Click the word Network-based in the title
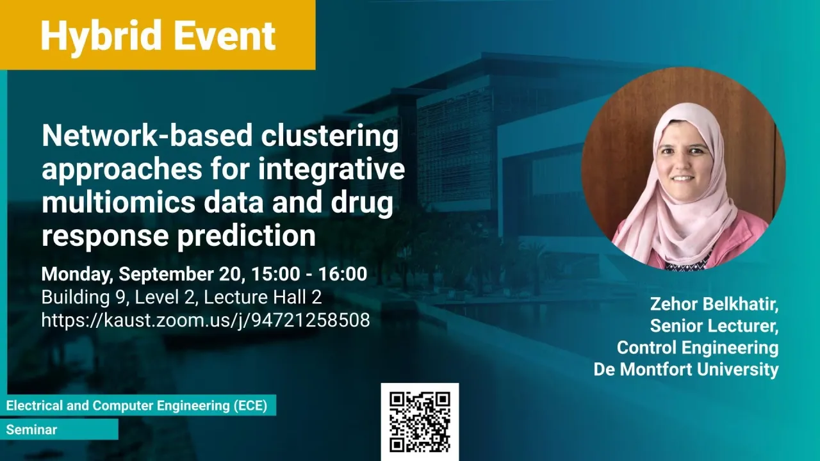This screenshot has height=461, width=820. click(x=147, y=135)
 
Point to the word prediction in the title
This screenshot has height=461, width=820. click(x=247, y=236)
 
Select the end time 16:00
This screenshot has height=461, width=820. click(x=343, y=274)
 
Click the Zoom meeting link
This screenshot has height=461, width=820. click(x=206, y=320)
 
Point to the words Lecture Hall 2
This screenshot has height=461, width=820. click(x=263, y=297)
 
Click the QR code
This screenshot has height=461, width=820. click(x=420, y=422)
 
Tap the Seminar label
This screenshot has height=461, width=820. click(x=31, y=430)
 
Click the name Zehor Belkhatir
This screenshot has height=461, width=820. click(x=714, y=304)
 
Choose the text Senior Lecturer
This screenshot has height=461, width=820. click(x=714, y=326)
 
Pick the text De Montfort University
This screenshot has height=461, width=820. click(x=686, y=369)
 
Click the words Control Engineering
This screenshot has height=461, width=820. click(x=698, y=348)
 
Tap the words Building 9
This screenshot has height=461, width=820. click(x=84, y=298)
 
